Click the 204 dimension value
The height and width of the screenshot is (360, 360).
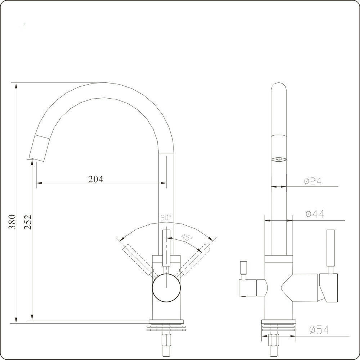tap(96, 179)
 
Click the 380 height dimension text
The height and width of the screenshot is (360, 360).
tap(12, 222)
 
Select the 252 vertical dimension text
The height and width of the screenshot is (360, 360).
tap(28, 222)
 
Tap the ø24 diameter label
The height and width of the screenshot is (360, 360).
tap(312, 182)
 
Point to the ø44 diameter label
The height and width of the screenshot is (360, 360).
tap(315, 215)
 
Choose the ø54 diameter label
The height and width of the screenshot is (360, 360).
tap(319, 330)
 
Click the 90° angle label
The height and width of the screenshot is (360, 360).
tap(166, 218)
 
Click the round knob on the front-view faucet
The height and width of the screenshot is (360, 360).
tap(166, 287)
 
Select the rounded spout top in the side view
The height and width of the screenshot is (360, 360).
tap(279, 90)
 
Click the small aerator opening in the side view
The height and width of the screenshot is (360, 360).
tap(279, 159)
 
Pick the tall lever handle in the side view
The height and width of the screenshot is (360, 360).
tap(330, 248)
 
